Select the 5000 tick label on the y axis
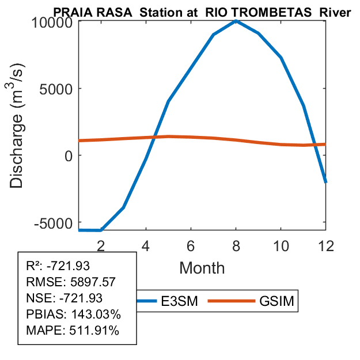point(59,89)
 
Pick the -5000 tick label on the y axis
point(56,223)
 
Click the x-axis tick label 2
point(101,245)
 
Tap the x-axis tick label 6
point(191,245)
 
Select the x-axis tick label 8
point(236,245)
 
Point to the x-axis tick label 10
point(281,245)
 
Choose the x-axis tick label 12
point(325,245)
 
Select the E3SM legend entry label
point(179,301)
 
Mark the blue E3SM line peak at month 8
point(236,21)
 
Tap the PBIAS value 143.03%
point(91,314)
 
